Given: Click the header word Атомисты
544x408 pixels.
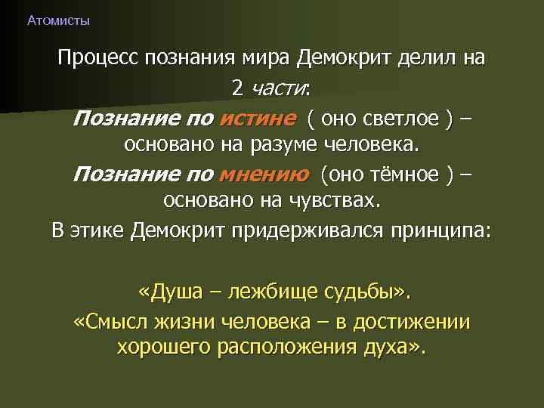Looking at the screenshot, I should (58, 21).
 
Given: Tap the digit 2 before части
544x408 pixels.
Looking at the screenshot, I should (237, 88).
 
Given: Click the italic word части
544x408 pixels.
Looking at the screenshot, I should (279, 88).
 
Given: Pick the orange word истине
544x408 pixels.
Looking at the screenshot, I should (256, 119).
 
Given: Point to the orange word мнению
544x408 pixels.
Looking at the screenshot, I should (263, 175).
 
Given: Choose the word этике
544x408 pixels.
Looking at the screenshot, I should (98, 230).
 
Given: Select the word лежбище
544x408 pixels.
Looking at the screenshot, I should (271, 292).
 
